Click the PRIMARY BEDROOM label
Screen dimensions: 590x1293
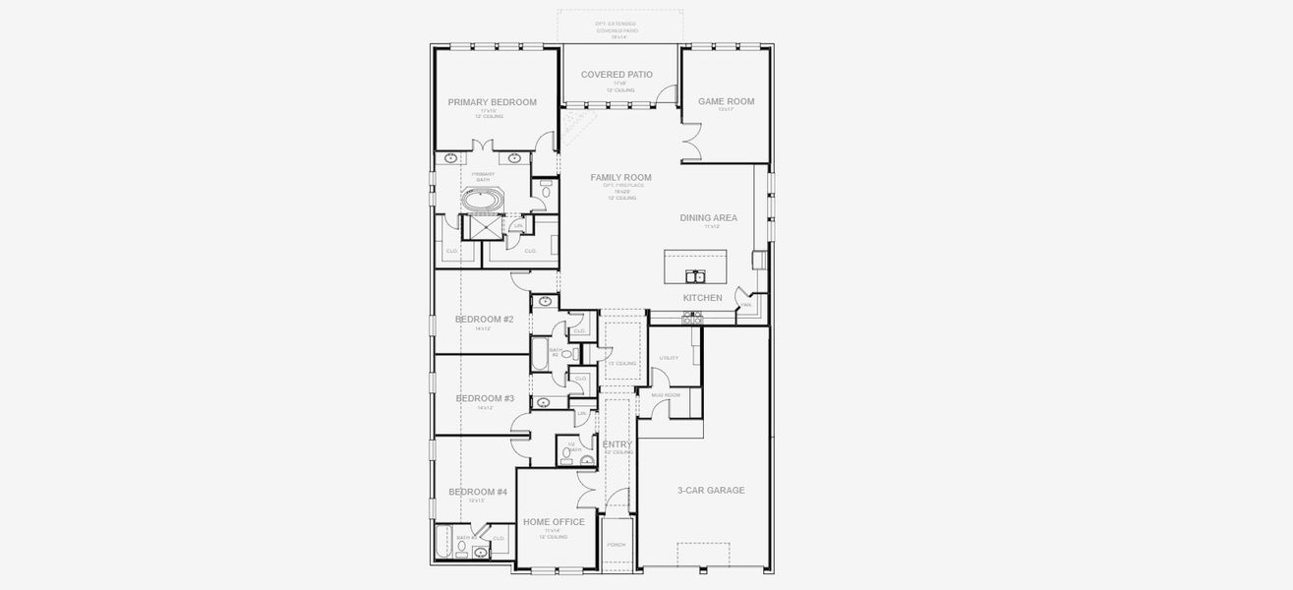492,102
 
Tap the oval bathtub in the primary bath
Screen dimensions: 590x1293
482,201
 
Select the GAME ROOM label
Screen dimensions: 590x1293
726,101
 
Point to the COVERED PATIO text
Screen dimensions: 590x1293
617,75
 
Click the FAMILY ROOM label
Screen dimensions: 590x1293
620,178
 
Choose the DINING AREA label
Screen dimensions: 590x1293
708,218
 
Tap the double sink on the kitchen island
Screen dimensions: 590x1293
694,275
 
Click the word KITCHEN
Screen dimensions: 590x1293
702,298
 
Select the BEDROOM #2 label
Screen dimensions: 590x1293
484,320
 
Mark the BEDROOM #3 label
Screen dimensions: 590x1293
485,398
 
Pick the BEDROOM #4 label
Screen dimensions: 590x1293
478,492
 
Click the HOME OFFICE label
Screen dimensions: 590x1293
554,522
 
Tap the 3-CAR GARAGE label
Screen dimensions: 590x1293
711,491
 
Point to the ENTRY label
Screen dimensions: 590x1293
617,445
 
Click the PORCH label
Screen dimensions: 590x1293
617,544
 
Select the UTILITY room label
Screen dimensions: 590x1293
669,358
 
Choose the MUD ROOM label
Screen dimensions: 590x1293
666,394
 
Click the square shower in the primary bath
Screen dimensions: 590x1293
483,228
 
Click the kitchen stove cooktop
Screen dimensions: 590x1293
691,317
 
